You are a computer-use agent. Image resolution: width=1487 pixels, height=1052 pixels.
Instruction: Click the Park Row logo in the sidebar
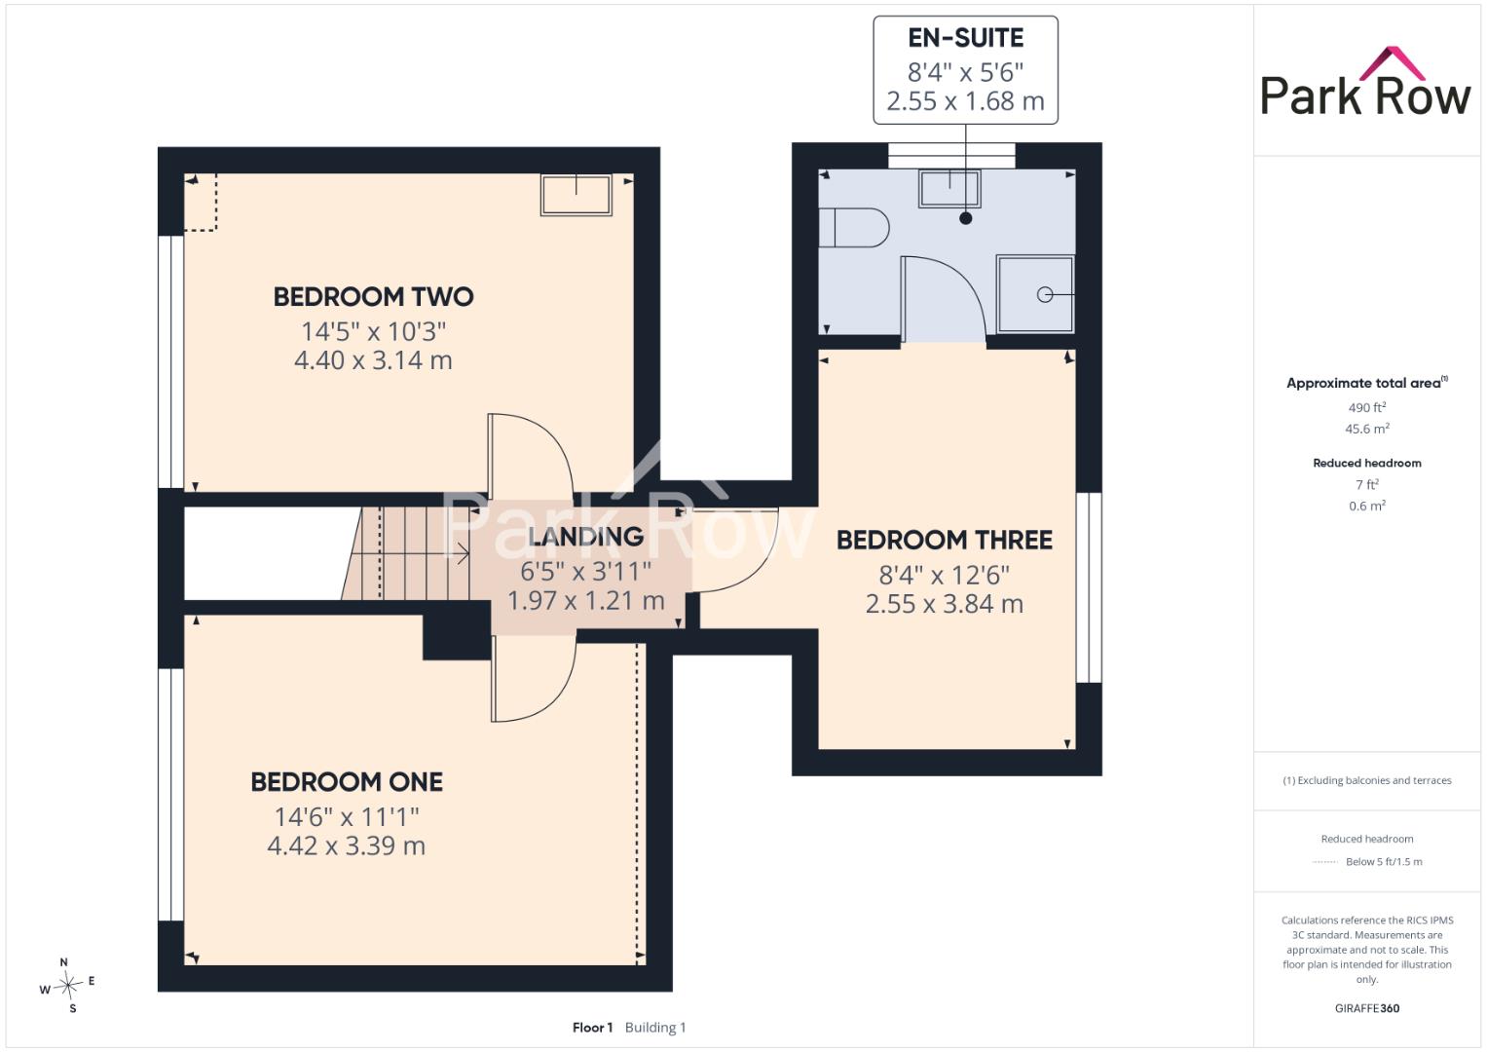click(x=1365, y=82)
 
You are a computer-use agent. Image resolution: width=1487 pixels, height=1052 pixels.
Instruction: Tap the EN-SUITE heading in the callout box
click(x=965, y=38)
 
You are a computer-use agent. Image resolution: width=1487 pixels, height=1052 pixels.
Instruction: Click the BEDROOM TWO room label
click(x=373, y=296)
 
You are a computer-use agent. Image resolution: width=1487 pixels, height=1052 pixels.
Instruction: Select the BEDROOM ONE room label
click(x=347, y=781)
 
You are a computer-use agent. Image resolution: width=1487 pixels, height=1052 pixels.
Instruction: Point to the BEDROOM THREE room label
click(x=944, y=540)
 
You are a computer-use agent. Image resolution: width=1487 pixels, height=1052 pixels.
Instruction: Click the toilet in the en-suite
click(x=854, y=228)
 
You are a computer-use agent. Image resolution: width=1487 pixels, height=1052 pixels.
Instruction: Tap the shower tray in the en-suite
click(x=1035, y=294)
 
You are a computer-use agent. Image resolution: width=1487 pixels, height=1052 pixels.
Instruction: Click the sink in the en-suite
click(x=949, y=188)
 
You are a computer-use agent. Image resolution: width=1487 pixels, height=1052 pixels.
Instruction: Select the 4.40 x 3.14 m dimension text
click(x=373, y=360)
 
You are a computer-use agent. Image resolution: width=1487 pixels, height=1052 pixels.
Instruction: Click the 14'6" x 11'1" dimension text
click(x=347, y=816)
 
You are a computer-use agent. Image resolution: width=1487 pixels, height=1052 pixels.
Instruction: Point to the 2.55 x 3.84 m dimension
click(x=944, y=604)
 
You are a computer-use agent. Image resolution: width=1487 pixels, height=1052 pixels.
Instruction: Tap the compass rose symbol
click(x=68, y=985)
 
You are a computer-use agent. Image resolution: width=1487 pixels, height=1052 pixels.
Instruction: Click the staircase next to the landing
click(x=406, y=554)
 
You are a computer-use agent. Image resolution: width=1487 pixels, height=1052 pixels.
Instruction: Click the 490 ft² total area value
click(x=1367, y=407)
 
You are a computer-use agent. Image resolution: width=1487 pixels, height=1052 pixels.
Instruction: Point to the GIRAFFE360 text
click(x=1367, y=1008)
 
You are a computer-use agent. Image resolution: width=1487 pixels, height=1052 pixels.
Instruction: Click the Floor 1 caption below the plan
click(x=592, y=1028)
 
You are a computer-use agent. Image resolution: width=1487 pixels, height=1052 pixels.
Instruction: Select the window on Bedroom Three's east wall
click(x=1089, y=587)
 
